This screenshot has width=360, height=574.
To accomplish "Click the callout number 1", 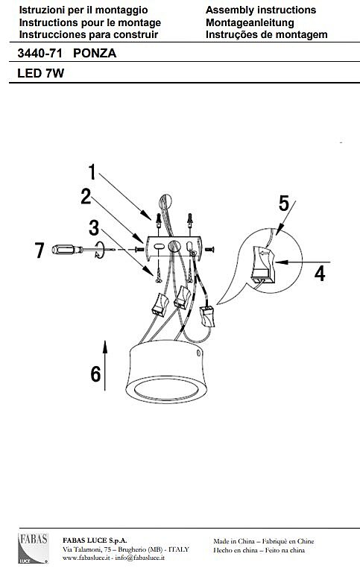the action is pyautogui.click(x=92, y=171).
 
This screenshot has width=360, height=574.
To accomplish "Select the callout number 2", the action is pyautogui.click(x=86, y=196).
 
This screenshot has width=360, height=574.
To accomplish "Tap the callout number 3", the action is pyautogui.click(x=94, y=227).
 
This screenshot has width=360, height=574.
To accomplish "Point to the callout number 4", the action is pyautogui.click(x=320, y=274).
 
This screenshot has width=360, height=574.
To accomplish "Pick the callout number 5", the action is pyautogui.click(x=284, y=204).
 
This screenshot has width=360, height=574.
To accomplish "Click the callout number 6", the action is pyautogui.click(x=95, y=373).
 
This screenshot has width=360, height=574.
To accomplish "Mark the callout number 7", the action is pyautogui.click(x=40, y=250).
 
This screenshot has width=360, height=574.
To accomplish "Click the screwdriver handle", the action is pyautogui.click(x=65, y=250).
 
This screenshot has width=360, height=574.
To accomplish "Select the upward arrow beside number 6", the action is pyautogui.click(x=105, y=365).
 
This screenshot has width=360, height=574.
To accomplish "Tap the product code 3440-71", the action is pyautogui.click(x=40, y=54).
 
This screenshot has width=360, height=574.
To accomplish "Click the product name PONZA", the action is pyautogui.click(x=95, y=54).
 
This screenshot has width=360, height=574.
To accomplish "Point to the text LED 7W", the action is pyautogui.click(x=40, y=73).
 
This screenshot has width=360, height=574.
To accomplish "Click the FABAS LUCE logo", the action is pyautogui.click(x=33, y=548).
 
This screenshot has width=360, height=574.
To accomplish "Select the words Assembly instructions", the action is pyautogui.click(x=261, y=10).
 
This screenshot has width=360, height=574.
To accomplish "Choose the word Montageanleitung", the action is pyautogui.click(x=250, y=22).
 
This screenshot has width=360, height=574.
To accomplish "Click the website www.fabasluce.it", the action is pyautogui.click(x=86, y=558).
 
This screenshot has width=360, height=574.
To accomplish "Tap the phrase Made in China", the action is pyautogui.click(x=234, y=541).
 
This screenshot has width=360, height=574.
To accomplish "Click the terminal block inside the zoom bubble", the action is pyautogui.click(x=262, y=265).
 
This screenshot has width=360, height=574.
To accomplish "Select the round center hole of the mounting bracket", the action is pyautogui.click(x=174, y=246).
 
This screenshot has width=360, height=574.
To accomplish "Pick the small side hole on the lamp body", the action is pyautogui.click(x=198, y=353).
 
